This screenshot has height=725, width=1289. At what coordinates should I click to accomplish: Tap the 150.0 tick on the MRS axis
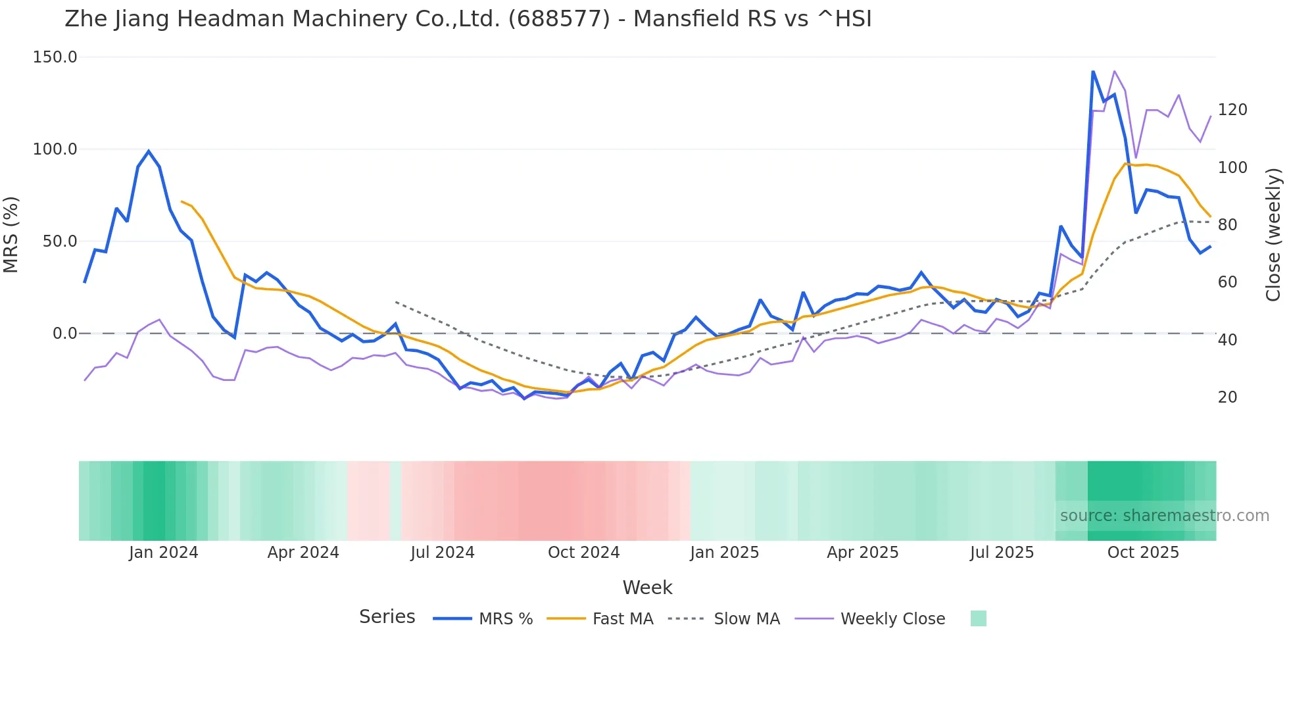coord(55,57)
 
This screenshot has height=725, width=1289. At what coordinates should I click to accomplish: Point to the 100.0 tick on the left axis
coord(55,149)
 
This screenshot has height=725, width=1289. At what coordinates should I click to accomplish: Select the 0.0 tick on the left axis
coord(65,334)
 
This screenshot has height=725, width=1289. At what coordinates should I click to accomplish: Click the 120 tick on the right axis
coord(1232,110)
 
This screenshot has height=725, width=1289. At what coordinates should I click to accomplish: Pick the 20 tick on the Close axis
coord(1227,397)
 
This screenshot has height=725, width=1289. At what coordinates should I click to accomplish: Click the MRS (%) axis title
coord(11,235)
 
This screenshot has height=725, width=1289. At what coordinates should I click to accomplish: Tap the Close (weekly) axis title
coord(1273,235)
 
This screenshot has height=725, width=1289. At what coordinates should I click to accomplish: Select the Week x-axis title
coord(647,587)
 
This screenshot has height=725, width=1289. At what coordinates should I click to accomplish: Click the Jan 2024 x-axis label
coord(163,553)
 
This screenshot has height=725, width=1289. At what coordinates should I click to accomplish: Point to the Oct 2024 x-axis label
coord(583,553)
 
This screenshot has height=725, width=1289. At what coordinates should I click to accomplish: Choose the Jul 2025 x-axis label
coord(1002,553)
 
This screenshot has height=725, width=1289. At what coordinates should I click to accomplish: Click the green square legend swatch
coord(978,618)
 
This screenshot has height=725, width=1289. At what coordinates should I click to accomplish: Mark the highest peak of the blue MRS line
coord(1093,72)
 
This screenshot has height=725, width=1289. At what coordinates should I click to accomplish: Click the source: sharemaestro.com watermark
coord(1164,516)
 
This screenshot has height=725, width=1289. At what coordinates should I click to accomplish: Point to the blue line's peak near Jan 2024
coord(149,151)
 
